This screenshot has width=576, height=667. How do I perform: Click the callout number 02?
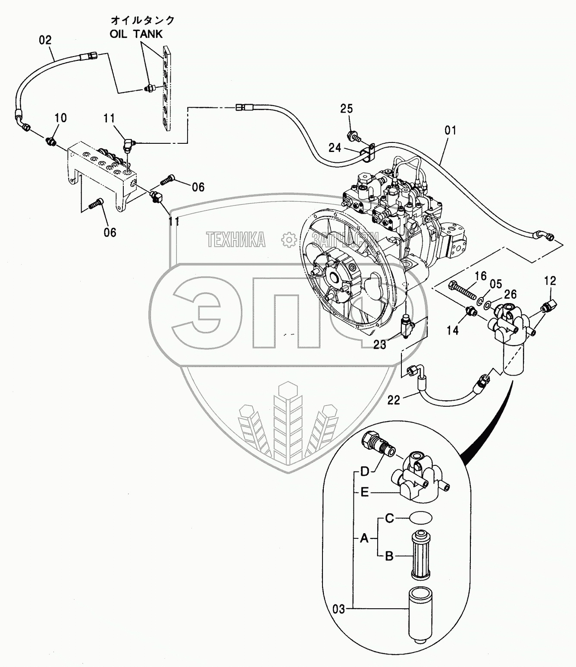(45, 40)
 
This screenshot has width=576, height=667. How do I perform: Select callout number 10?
(61, 118)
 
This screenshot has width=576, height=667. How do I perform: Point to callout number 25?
(347, 108)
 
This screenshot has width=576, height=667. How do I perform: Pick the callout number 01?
(450, 130)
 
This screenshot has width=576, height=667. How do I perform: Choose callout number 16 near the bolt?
(481, 276)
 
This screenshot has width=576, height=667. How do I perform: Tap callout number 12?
(550, 281)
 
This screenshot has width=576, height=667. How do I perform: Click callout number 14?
(452, 331)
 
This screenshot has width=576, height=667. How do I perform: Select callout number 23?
(380, 345)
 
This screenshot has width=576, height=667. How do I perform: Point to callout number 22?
(394, 400)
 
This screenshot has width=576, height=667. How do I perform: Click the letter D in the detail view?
(365, 471)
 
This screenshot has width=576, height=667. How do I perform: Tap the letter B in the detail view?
(389, 556)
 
